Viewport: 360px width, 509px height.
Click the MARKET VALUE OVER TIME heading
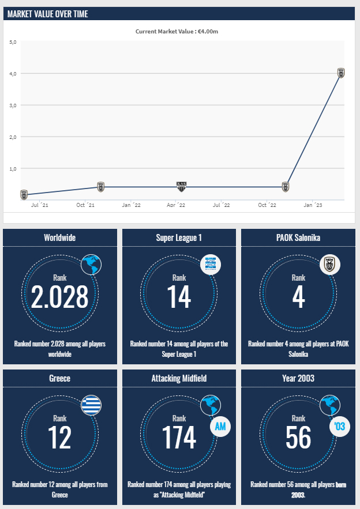point(47,14)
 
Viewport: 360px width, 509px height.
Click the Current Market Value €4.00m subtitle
point(177,31)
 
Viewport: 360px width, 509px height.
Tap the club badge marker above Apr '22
point(181,186)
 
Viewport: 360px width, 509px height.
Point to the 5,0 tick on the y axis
point(13,42)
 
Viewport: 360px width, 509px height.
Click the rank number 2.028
point(60,296)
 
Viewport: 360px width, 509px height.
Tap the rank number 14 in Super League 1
point(179,296)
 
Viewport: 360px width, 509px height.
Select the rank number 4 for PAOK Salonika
point(298,296)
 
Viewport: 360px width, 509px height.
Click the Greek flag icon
point(91,405)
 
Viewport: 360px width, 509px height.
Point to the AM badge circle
point(220,427)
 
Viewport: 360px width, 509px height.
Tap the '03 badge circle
point(339,427)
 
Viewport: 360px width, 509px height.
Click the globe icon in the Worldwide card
point(91,265)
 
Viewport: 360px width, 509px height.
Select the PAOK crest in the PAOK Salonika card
point(330,265)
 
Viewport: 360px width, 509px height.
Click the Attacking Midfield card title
point(179,378)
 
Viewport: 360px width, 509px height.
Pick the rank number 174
point(179,437)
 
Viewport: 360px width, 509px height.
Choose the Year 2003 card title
point(298,378)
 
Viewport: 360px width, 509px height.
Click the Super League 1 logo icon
point(210,265)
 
